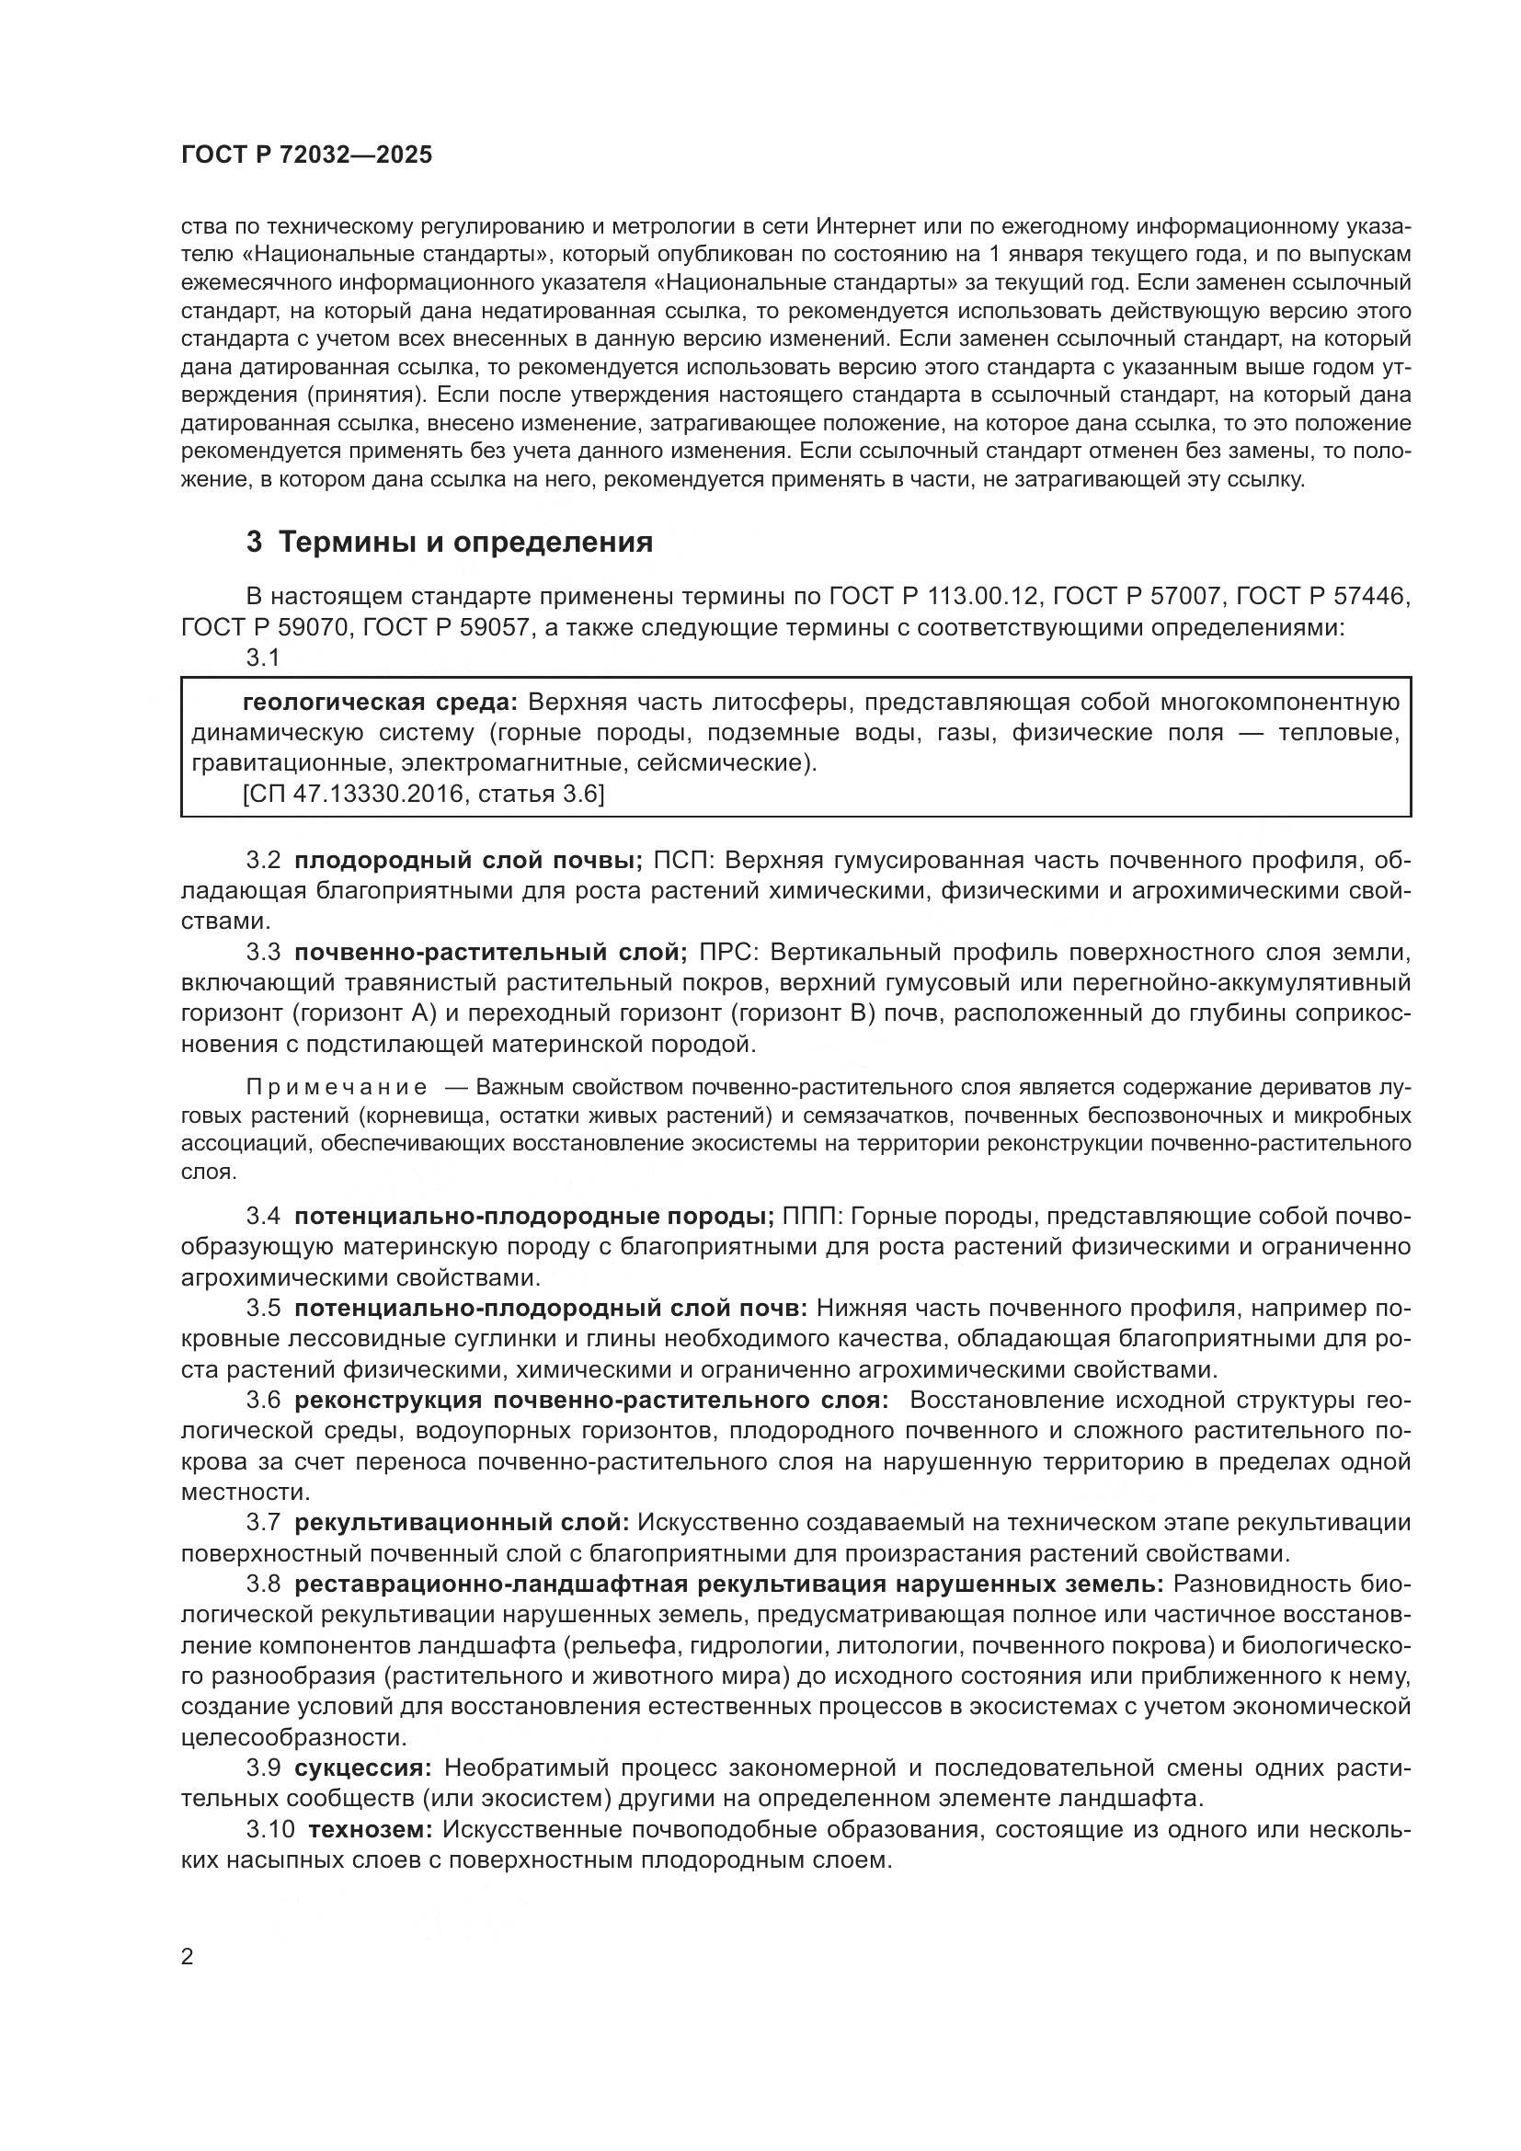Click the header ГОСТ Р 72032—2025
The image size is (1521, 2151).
click(306, 154)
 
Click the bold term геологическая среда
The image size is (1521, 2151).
click(379, 703)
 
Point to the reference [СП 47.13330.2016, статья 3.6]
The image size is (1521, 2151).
click(423, 795)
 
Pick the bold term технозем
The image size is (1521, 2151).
click(370, 1829)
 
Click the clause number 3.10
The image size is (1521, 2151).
click(270, 1829)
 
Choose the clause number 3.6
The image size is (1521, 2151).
click(264, 1401)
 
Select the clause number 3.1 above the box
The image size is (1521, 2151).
click(263, 658)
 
